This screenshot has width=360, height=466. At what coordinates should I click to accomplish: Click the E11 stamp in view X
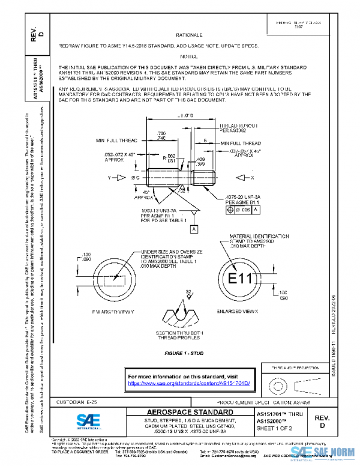[239, 279]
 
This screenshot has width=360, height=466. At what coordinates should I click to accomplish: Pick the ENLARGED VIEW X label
[239, 312]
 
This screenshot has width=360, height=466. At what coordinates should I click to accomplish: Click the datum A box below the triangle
[193, 229]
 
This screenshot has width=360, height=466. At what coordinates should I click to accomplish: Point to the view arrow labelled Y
[115, 178]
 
